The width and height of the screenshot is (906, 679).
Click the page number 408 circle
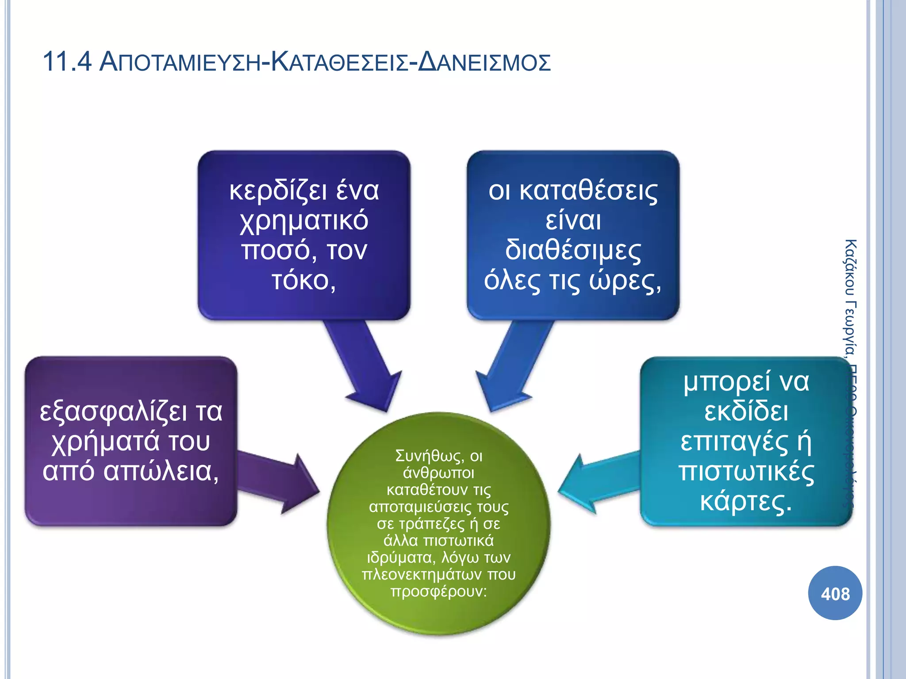tap(835, 593)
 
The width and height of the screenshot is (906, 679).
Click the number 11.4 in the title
tap(67, 61)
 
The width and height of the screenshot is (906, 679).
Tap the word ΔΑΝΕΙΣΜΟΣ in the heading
tap(484, 62)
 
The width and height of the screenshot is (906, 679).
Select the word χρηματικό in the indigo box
tap(304, 221)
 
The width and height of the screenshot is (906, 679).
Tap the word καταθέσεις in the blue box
tap(588, 191)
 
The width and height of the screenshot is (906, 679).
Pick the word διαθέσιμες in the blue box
tap(573, 250)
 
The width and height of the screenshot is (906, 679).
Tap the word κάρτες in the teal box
tap(746, 502)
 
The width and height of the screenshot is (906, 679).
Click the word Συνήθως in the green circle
tap(429, 456)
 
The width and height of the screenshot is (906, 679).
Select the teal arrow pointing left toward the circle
tap(597, 484)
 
